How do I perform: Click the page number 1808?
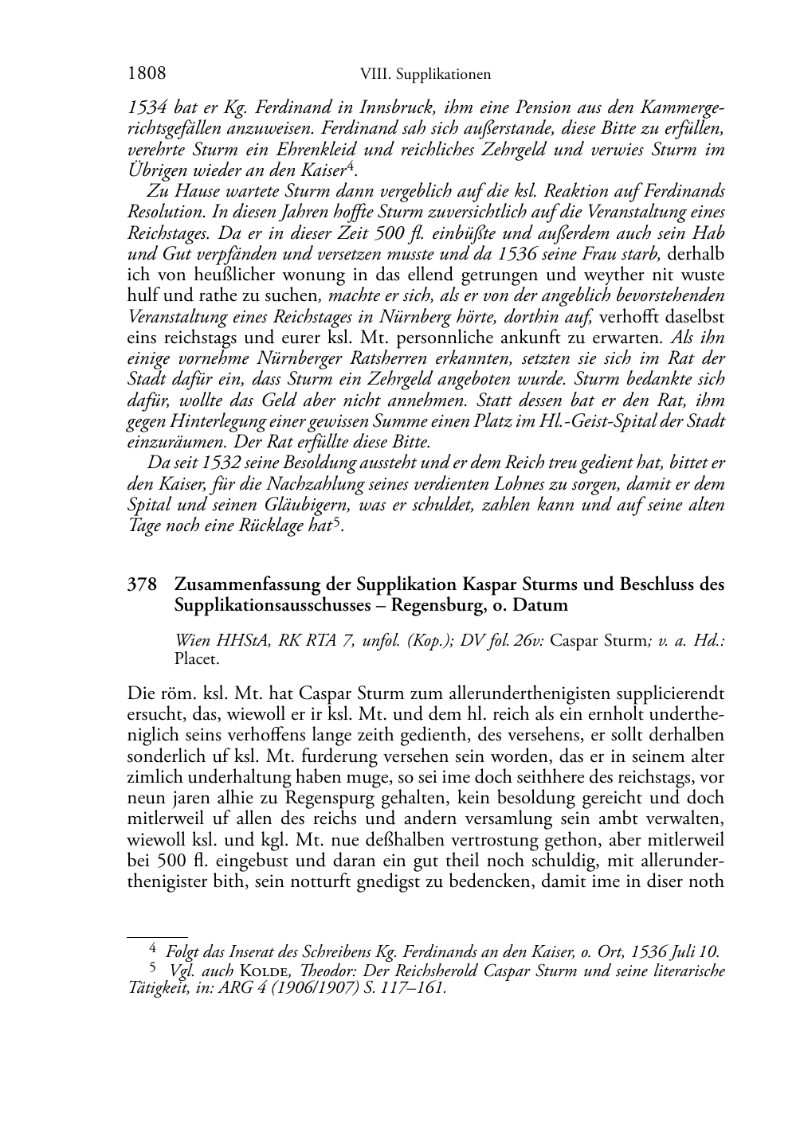[x=147, y=73]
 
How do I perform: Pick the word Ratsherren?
[x=386, y=358]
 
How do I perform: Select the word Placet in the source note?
[x=196, y=658]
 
